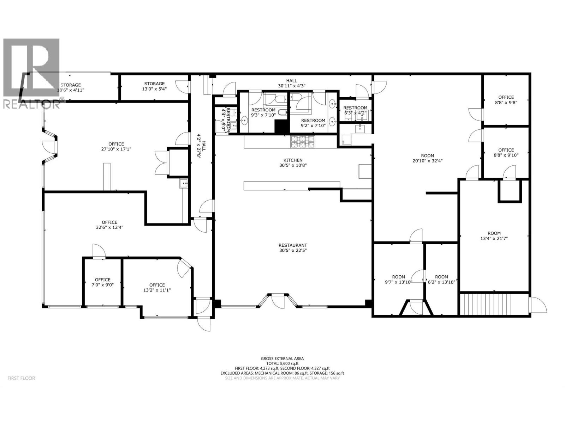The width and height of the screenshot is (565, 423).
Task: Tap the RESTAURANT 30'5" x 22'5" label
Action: [x=293, y=248]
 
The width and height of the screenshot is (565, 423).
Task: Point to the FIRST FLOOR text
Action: [x=21, y=378]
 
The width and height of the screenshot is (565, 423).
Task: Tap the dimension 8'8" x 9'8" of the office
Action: [x=506, y=103]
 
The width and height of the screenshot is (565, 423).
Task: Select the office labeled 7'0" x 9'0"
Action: [x=102, y=282]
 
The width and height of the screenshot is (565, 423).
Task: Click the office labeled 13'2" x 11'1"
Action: [x=157, y=288]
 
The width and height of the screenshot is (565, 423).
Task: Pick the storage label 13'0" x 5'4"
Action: [x=154, y=86]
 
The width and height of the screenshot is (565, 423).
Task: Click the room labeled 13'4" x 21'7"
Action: [x=494, y=235]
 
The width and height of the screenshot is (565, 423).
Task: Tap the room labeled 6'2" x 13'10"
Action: [x=441, y=279]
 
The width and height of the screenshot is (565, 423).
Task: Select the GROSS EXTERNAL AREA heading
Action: [x=282, y=358]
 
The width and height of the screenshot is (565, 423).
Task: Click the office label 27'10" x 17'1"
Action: [x=116, y=146]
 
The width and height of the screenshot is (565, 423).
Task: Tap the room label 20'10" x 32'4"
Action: [x=428, y=158]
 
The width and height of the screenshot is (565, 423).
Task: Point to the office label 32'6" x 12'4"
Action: [x=109, y=225]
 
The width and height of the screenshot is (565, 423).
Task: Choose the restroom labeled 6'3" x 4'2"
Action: [x=355, y=110]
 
